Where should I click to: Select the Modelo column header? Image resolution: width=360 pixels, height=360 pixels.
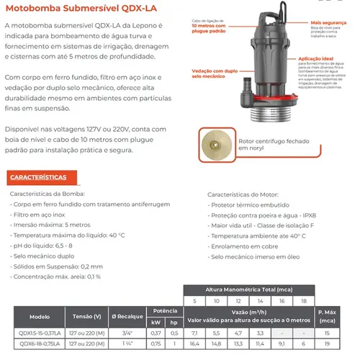coord(40,315)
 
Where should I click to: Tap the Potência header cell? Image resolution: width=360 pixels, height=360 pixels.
coord(165,305)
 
